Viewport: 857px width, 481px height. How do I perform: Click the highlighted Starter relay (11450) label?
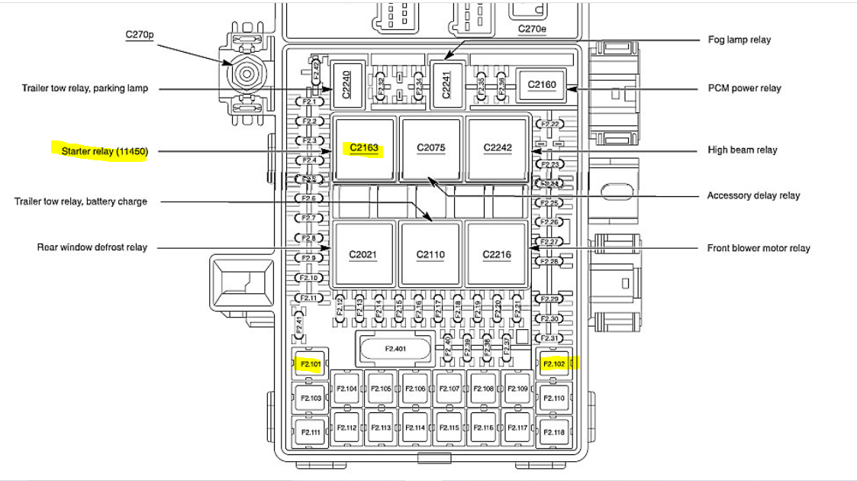(105, 151)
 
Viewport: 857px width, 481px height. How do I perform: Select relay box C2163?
(364, 148)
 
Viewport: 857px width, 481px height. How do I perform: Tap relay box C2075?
(431, 148)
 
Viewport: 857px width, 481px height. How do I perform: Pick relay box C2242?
(498, 148)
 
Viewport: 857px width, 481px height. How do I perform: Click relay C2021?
(364, 254)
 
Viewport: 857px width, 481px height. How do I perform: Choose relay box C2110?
(431, 254)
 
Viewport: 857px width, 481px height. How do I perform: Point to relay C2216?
(497, 254)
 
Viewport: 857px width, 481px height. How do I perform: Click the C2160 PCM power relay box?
(543, 85)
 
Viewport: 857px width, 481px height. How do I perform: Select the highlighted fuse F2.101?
(311, 364)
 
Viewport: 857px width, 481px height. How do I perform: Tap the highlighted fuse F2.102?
(554, 364)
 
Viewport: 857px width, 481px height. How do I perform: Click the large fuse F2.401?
(395, 349)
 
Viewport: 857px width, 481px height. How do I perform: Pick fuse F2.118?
(554, 432)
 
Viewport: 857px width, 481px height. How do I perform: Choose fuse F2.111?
(311, 432)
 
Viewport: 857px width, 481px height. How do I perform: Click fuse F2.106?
(415, 389)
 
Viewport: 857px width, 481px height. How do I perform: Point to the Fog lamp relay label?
(739, 40)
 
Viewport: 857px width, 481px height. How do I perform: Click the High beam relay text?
(743, 150)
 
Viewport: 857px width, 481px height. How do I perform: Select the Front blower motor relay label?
(759, 248)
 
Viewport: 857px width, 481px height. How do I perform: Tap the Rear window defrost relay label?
(92, 247)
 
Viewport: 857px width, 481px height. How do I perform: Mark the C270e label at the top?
(533, 29)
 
